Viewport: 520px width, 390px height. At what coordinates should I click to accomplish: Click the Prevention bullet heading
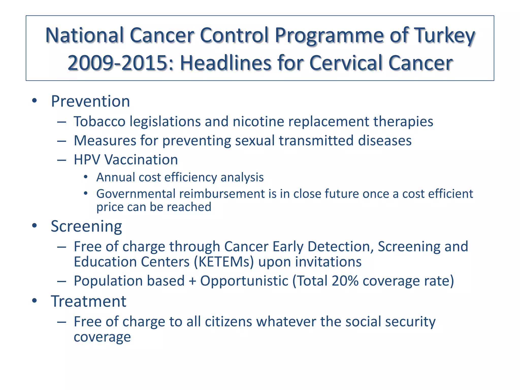tap(90, 101)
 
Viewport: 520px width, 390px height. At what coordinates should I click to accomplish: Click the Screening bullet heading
tap(86, 226)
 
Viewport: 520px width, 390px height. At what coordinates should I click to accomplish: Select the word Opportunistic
tap(244, 281)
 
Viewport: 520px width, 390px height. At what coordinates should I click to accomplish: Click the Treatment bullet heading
tap(88, 301)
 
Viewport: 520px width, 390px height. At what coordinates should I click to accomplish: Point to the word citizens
tap(228, 322)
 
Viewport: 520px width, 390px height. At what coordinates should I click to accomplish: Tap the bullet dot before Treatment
tap(35, 301)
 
